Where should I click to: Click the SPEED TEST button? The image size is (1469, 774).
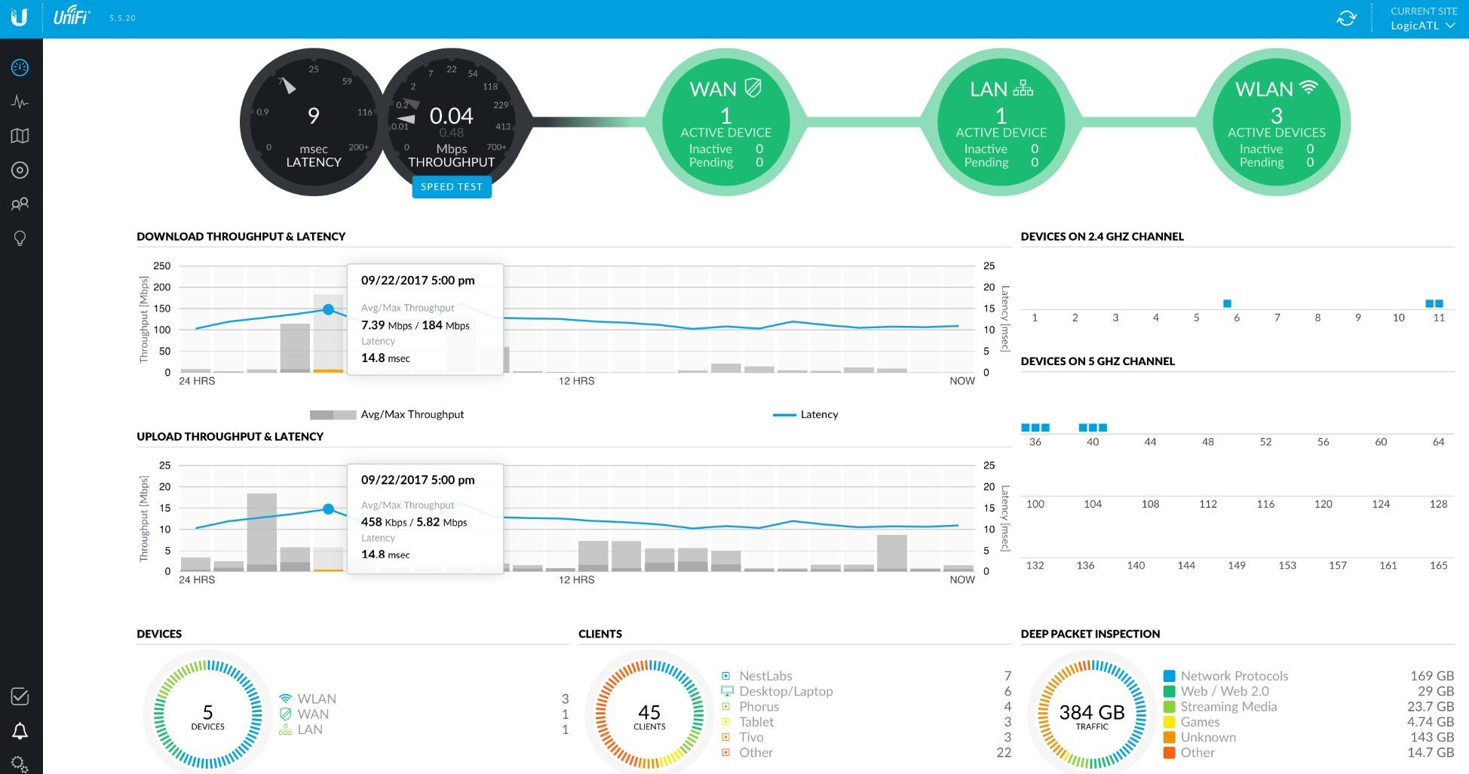click(x=451, y=187)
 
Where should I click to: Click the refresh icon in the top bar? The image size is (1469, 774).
click(x=1346, y=18)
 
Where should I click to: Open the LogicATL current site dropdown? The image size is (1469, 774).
click(x=1422, y=26)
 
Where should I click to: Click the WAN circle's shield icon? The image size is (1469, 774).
click(x=752, y=88)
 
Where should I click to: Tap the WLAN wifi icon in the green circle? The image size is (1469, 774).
click(x=1308, y=88)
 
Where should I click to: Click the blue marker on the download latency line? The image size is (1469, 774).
click(x=328, y=309)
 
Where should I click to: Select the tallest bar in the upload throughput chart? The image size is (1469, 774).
click(x=262, y=531)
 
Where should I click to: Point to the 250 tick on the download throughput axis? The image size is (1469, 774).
click(x=162, y=266)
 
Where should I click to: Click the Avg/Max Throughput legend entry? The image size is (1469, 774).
click(x=387, y=414)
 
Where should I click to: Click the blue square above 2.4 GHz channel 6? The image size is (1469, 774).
click(x=1227, y=303)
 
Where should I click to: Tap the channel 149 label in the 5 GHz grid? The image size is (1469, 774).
click(x=1236, y=565)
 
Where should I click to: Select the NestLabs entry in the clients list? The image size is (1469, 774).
click(x=765, y=676)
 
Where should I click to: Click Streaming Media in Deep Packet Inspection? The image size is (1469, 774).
click(x=1228, y=707)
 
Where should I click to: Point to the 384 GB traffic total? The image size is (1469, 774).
click(x=1091, y=712)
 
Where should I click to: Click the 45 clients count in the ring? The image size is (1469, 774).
click(x=649, y=712)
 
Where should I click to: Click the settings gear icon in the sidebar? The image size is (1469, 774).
click(x=20, y=763)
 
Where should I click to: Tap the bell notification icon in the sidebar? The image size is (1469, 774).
click(x=20, y=730)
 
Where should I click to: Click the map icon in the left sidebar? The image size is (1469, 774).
click(x=20, y=136)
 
